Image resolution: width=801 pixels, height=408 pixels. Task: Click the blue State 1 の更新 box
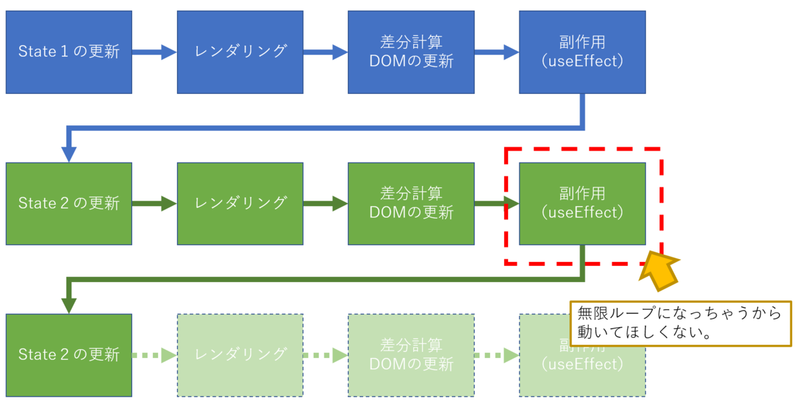[69, 52]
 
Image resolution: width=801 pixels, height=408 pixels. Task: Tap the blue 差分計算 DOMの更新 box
[411, 52]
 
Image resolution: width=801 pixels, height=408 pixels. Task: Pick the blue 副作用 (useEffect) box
[582, 52]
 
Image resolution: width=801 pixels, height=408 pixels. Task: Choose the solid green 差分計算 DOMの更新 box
[411, 203]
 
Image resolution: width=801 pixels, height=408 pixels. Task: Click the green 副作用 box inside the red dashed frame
[582, 203]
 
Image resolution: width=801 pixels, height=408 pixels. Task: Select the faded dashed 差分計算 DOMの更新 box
[411, 355]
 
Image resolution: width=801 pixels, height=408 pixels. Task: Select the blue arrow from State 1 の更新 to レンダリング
[154, 52]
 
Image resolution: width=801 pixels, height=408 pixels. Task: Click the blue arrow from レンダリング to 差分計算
[325, 52]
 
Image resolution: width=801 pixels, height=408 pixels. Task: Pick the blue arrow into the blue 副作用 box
[497, 52]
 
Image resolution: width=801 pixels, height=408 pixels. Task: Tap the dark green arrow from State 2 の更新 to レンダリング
[154, 203]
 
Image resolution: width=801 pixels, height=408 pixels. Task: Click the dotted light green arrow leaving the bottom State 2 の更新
[154, 355]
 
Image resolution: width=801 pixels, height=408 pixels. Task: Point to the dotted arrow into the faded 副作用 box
[497, 355]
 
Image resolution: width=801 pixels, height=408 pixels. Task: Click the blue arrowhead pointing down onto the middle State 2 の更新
[69, 153]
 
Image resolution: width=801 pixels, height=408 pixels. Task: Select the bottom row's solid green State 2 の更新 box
[69, 355]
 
